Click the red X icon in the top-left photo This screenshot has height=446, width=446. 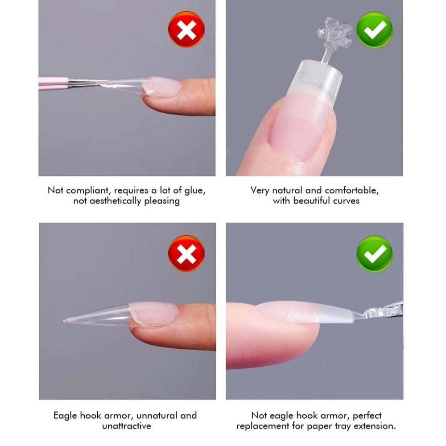(x=186, y=29)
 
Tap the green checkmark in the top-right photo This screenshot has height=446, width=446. (x=374, y=29)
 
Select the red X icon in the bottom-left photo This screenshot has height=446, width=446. (x=186, y=253)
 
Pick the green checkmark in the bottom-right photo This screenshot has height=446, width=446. (x=374, y=254)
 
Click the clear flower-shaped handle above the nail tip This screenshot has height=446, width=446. (x=334, y=33)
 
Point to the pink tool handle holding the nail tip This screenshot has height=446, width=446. (x=54, y=83)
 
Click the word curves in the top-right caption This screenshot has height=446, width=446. (x=346, y=201)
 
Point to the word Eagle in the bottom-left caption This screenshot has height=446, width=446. (x=65, y=416)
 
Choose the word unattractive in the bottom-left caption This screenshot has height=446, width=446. (x=127, y=426)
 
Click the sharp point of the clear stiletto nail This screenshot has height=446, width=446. (x=64, y=321)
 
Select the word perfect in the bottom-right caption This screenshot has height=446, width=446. (x=367, y=416)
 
